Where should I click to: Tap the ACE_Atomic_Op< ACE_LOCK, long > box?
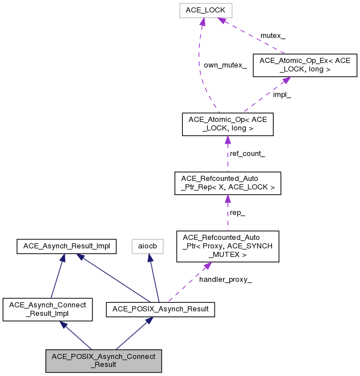click(x=227, y=124)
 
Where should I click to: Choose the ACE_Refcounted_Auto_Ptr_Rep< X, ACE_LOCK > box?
click(x=227, y=183)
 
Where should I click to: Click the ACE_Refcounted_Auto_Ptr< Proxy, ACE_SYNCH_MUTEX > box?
click(x=227, y=246)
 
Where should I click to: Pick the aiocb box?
click(x=148, y=246)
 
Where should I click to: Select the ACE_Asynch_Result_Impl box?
click(x=67, y=246)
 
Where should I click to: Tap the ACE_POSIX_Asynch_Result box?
click(x=161, y=310)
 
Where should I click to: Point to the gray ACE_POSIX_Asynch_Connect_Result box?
click(x=104, y=361)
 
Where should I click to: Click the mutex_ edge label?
click(x=273, y=36)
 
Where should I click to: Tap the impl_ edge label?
click(x=282, y=95)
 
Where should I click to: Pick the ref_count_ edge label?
click(x=247, y=154)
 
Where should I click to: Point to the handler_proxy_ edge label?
click(x=225, y=279)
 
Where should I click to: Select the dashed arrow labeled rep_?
click(x=227, y=213)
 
